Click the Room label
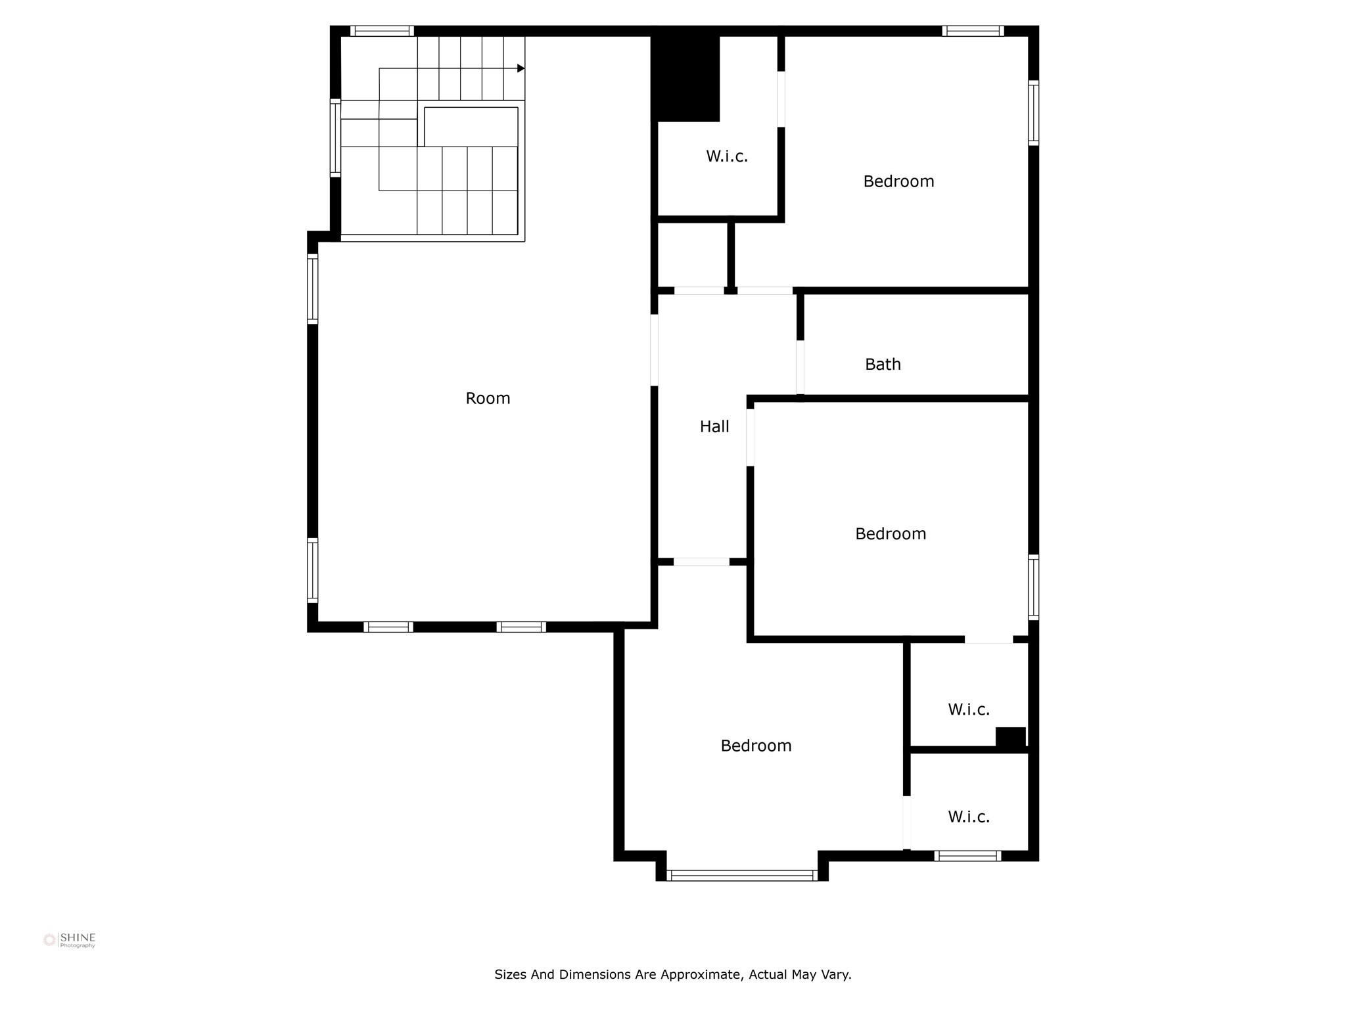click(x=488, y=398)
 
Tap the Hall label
click(x=714, y=427)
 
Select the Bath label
click(x=883, y=365)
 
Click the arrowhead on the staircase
click(x=521, y=68)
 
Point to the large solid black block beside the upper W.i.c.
click(x=685, y=78)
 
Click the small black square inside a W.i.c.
click(x=1010, y=737)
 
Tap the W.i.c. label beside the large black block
click(x=727, y=156)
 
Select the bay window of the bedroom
click(x=742, y=875)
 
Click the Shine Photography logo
click(x=70, y=940)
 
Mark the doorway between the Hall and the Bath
click(x=800, y=367)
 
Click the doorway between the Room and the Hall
click(x=654, y=350)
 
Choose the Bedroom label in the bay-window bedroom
click(x=756, y=746)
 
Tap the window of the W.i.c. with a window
click(x=967, y=856)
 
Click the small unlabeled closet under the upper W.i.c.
click(x=693, y=255)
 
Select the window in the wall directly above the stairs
click(x=382, y=31)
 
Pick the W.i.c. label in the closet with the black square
click(x=969, y=709)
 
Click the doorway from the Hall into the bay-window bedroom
click(x=701, y=562)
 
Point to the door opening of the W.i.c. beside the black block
click(x=781, y=99)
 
